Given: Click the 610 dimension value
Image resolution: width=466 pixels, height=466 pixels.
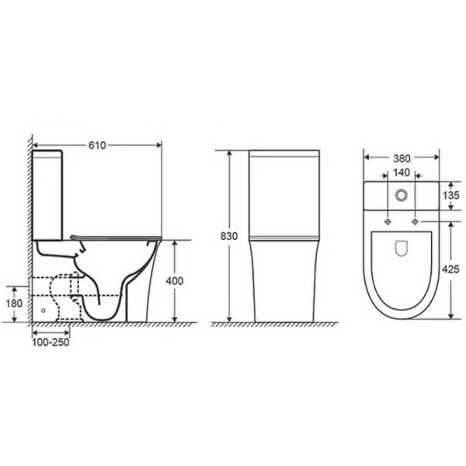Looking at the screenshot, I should [97, 144].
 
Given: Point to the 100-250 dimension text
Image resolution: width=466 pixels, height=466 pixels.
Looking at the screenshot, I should [50, 343].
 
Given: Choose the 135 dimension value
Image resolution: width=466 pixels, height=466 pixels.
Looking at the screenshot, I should [450, 196].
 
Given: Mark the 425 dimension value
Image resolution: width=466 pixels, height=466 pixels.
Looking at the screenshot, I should [450, 269].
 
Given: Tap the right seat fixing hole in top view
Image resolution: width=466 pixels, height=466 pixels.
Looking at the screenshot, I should [416, 221].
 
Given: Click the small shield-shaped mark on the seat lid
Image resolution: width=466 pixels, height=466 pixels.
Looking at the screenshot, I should [401, 249].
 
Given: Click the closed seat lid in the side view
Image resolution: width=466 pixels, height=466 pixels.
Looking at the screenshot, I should [115, 236].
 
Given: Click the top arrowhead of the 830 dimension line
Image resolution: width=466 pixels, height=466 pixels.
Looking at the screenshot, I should [229, 152].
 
